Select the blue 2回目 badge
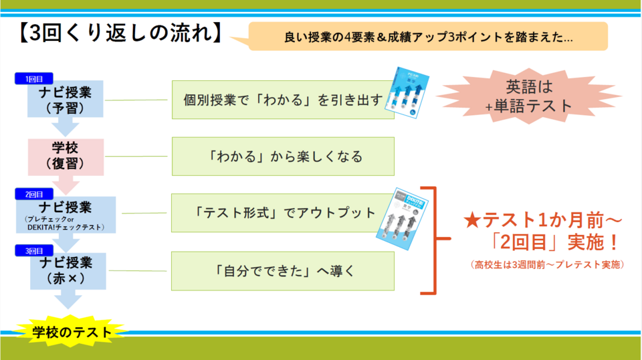pos(34,193)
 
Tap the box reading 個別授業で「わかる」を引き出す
pos(283,100)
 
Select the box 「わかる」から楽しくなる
pos(283,157)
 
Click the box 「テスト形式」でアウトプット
pos(283,213)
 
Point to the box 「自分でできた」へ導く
pos(283,270)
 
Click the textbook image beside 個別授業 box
pos(409,92)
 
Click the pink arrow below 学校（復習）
pos(66,184)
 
